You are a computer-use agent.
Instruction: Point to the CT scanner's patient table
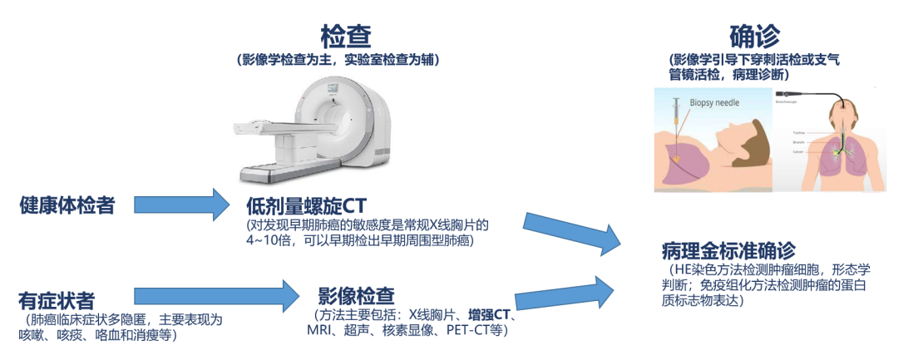[274, 162]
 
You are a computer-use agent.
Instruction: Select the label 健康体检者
[67, 205]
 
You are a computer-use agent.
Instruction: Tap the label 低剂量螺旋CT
[306, 205]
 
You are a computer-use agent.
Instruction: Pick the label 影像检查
[356, 296]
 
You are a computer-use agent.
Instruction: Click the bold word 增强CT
[490, 316]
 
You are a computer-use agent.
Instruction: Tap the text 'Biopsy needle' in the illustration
[714, 103]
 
